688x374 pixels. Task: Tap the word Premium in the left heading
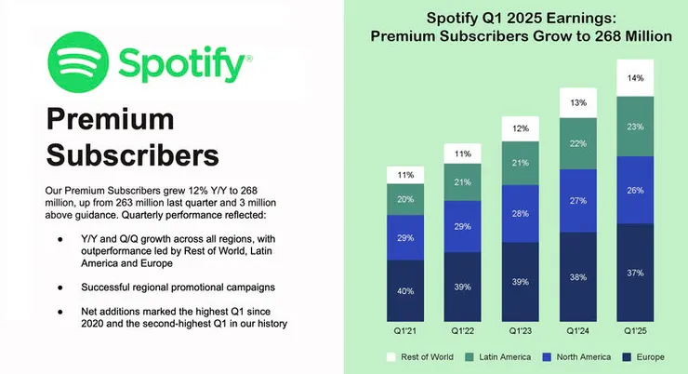(111, 119)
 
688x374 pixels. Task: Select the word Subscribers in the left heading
(132, 153)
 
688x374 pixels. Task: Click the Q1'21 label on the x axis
(405, 330)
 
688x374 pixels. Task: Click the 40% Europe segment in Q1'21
(405, 290)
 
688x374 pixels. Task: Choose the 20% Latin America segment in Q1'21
(405, 199)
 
